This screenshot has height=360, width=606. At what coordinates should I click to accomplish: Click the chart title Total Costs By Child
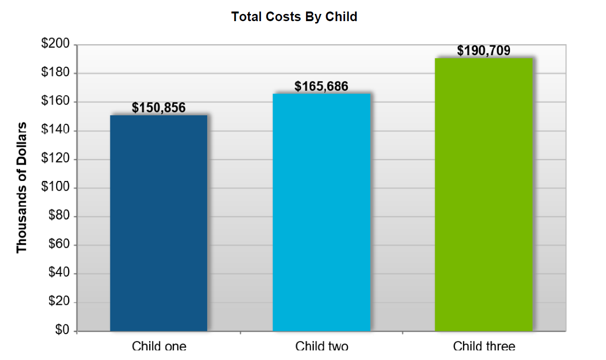(294, 17)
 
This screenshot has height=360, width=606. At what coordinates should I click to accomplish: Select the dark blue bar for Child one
(159, 223)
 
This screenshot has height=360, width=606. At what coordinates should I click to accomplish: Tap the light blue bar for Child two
(321, 212)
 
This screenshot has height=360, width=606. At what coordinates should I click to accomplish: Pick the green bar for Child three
(484, 194)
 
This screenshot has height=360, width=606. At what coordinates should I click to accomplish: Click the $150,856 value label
(159, 108)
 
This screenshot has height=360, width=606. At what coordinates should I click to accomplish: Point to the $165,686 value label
(321, 86)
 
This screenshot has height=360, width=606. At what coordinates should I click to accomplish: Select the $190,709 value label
(484, 51)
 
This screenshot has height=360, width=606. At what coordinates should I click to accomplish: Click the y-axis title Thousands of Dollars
(22, 188)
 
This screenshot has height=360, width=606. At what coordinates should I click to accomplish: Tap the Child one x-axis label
(159, 346)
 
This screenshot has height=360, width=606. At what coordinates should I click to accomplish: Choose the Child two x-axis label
(321, 346)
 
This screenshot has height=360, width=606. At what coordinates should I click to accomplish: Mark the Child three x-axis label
(484, 346)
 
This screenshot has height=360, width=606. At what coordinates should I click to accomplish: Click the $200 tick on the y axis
(56, 45)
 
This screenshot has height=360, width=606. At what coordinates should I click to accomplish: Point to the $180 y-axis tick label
(56, 73)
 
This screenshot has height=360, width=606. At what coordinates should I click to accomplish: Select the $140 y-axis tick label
(56, 131)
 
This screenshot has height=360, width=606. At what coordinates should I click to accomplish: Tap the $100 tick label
(56, 188)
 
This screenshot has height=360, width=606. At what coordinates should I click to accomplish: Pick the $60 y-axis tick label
(59, 245)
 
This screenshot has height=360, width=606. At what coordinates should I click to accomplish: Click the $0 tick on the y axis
(62, 331)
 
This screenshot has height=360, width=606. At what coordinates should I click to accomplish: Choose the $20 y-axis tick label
(59, 302)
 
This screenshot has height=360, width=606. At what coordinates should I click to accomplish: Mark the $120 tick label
(56, 159)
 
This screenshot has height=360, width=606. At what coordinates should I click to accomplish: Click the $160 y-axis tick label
(56, 102)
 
